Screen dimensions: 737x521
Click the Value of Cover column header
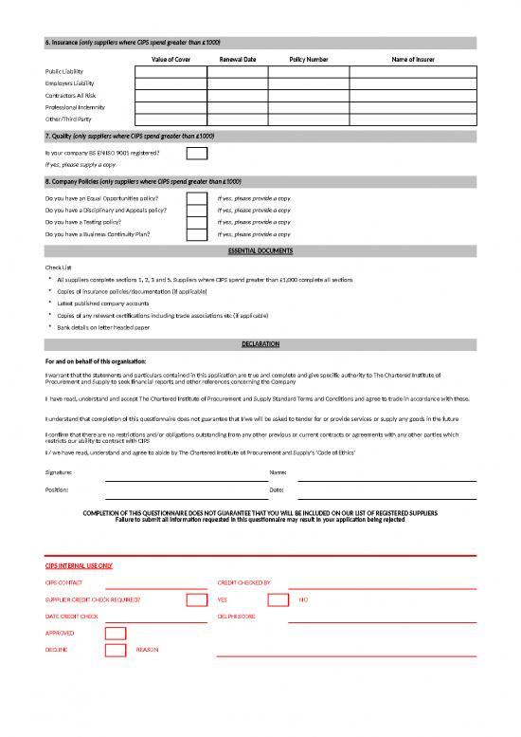pos(171,60)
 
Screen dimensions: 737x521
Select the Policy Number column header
pos(309,60)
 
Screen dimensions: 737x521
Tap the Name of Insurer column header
pos(413,60)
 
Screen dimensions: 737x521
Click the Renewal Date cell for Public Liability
pos(238,71)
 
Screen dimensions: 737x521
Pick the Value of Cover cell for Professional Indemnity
pos(171,107)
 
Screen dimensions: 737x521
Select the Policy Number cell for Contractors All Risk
pos(309,95)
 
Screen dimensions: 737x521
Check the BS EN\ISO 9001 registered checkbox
pos(196,153)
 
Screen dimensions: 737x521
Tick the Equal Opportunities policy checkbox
pos(196,198)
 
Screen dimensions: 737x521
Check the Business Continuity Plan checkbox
pos(196,233)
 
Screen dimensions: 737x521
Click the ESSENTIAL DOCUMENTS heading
pos(260,250)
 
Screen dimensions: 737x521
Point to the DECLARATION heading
pos(260,342)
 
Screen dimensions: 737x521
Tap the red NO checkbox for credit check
pos(278,600)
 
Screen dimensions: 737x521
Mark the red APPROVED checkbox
pos(115,633)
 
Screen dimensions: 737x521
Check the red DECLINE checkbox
pos(115,650)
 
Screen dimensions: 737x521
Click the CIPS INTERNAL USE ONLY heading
pos(80,566)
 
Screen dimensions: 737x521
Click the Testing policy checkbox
pos(196,222)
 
